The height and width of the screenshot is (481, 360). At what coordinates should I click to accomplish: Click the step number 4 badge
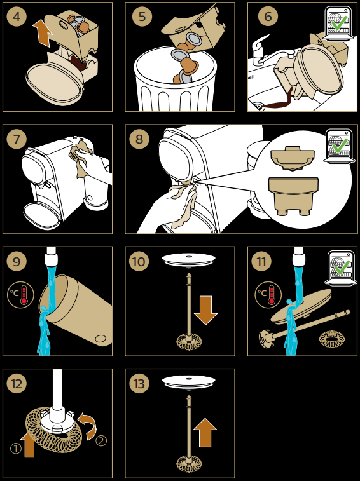tap(17, 17)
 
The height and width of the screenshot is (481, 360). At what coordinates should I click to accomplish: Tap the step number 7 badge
tap(17, 139)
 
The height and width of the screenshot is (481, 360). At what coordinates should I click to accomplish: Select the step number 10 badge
tap(139, 261)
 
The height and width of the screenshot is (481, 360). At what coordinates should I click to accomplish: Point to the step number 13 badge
tap(139, 383)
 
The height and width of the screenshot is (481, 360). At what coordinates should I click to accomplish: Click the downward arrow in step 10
tap(205, 310)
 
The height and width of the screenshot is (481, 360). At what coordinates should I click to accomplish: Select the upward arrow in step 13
tap(205, 432)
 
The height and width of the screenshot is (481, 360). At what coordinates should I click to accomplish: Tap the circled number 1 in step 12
tap(16, 449)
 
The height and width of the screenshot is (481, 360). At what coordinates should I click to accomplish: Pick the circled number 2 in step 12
tap(101, 441)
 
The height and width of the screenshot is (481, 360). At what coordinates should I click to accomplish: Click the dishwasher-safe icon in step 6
tap(338, 24)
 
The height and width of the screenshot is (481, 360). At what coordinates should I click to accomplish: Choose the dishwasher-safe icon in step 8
tap(338, 146)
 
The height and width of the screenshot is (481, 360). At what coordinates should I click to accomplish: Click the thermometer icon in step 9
tap(20, 295)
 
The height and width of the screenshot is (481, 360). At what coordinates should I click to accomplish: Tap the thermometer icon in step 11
tap(268, 295)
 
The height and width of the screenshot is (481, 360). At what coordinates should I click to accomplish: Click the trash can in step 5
tap(176, 79)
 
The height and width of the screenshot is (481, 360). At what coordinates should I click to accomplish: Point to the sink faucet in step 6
tap(270, 52)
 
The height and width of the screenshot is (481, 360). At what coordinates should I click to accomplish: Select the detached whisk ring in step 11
tap(332, 339)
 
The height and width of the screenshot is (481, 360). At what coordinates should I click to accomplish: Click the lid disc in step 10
tap(189, 260)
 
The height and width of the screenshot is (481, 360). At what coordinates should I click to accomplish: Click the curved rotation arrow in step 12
tap(88, 425)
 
